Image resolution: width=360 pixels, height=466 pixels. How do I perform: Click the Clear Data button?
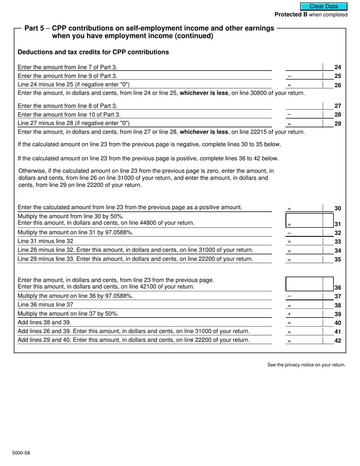point(324,6)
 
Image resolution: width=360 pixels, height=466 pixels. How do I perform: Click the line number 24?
point(338,67)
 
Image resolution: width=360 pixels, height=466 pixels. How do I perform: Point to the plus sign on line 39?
point(289,314)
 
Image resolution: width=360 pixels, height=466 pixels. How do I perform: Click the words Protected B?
point(291,15)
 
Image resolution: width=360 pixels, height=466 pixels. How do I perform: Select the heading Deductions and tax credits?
point(93,52)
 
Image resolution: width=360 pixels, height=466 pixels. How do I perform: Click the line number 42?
point(338,341)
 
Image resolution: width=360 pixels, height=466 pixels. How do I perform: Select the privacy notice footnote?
point(306,365)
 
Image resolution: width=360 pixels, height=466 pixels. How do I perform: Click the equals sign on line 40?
point(289,323)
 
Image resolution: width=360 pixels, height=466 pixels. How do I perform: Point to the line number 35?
point(338,260)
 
